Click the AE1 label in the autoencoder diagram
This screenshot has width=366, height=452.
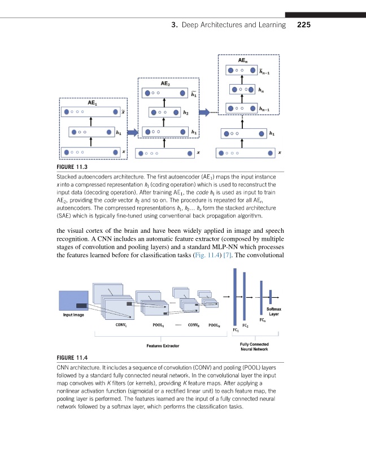[91, 103]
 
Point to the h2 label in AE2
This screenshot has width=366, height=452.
[186, 112]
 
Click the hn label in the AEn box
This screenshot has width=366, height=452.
[260, 89]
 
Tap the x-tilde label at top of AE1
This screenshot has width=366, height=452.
[124, 112]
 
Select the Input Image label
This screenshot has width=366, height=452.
[74, 315]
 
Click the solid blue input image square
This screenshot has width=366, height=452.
[74, 299]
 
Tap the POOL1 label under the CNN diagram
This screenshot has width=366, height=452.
[159, 325]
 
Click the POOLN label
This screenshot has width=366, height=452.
[215, 325]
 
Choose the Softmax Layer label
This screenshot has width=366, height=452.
[274, 311]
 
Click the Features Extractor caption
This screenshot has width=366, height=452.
[163, 345]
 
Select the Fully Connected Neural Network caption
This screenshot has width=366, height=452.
[254, 347]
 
